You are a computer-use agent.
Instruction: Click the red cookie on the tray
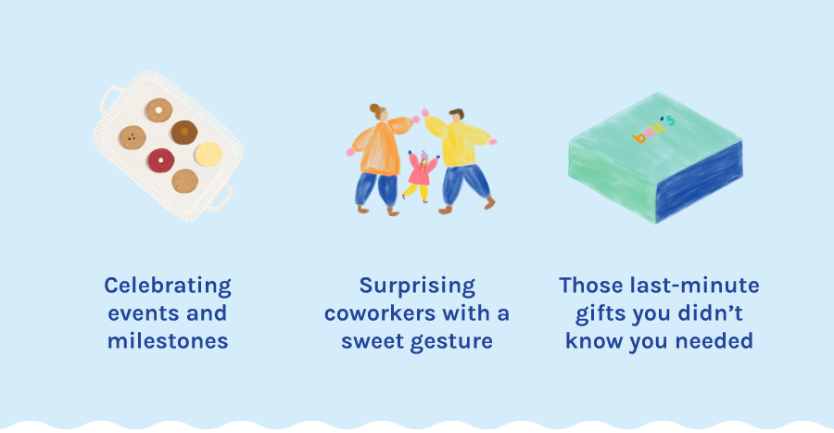[x=160, y=160]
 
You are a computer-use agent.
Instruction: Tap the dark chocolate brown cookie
[x=184, y=132]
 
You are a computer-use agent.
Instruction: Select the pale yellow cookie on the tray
[x=208, y=154]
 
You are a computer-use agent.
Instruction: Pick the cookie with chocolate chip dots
[x=133, y=138]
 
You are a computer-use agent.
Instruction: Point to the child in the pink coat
[x=422, y=176]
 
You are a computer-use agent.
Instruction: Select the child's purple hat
[x=424, y=156]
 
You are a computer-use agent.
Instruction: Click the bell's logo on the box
[x=653, y=129]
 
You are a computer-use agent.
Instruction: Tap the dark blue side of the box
[x=699, y=182]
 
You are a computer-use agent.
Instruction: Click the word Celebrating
[x=168, y=287]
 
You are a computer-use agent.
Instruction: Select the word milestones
[x=168, y=341]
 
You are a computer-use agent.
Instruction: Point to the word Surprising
[x=417, y=287]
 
